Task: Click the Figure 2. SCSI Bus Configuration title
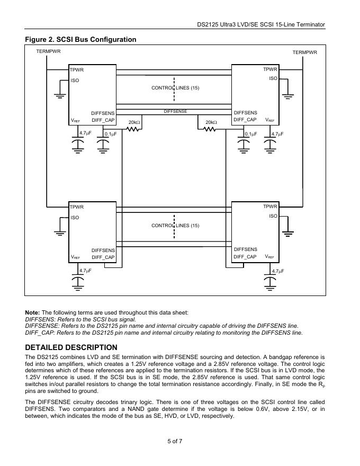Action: (x=81, y=40)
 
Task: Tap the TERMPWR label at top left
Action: (x=48, y=51)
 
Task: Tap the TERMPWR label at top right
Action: (x=304, y=52)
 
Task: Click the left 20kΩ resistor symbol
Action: (x=133, y=129)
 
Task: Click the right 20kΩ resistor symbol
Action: (x=211, y=129)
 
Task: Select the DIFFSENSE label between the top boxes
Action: (x=175, y=111)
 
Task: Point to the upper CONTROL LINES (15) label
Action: (x=175, y=87)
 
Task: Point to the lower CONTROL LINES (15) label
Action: (x=175, y=226)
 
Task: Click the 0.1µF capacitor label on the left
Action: (x=110, y=134)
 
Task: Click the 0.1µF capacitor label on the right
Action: (x=250, y=134)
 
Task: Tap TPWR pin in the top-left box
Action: (x=77, y=70)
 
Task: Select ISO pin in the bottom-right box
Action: (x=273, y=216)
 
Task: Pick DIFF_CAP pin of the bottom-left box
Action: (x=103, y=257)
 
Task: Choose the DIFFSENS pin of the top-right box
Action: (x=245, y=113)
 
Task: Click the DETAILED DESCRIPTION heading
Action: (x=71, y=347)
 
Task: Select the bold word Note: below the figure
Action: (x=32, y=312)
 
